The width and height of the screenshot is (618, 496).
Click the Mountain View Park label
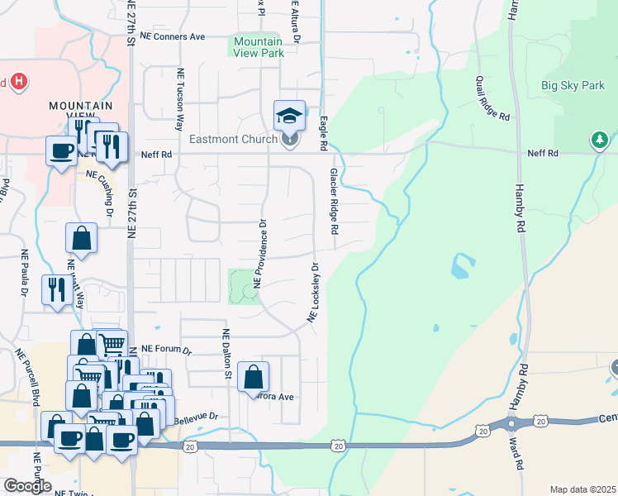coord(259,47)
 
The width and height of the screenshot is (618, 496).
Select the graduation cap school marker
coord(289,116)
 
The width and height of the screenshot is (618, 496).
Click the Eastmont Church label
coord(234,139)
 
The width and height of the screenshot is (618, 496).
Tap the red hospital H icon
coord(20,82)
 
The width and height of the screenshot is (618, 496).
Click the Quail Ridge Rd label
coord(492,99)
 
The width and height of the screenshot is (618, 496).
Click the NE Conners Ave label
coord(173,37)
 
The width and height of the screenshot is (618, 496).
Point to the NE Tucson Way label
coord(179,99)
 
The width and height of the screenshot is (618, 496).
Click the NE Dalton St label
coord(225,354)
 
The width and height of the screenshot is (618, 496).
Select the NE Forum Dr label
coord(166,350)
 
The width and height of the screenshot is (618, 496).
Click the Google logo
coord(27,486)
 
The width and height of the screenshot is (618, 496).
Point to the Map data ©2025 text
coord(582,489)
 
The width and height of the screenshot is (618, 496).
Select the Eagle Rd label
coord(324,132)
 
